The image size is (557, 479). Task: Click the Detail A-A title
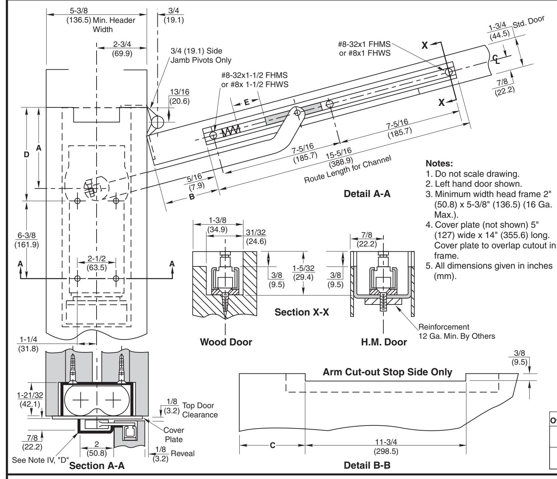(x=367, y=194)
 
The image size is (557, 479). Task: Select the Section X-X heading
(x=302, y=312)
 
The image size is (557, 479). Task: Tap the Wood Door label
(x=226, y=342)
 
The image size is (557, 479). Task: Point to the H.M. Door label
(x=384, y=342)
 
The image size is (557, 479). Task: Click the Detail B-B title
(x=367, y=465)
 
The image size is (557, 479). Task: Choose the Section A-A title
(x=97, y=465)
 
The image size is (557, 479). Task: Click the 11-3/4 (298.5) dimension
(x=386, y=447)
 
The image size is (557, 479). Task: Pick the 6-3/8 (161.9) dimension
(x=27, y=240)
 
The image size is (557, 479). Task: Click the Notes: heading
(x=439, y=163)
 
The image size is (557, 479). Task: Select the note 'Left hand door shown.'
(x=474, y=184)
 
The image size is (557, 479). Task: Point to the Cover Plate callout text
(x=174, y=435)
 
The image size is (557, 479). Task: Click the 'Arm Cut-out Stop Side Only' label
(x=387, y=372)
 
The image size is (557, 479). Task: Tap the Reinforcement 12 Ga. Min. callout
(x=457, y=331)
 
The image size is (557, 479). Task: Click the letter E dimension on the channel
(x=247, y=102)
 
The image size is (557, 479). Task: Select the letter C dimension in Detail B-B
(x=272, y=445)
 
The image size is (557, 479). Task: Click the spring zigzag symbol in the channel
(x=231, y=131)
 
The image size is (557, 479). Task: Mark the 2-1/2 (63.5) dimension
(x=97, y=263)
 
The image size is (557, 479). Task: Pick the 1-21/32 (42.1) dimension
(x=30, y=399)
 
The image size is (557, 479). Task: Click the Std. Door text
(x=529, y=22)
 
